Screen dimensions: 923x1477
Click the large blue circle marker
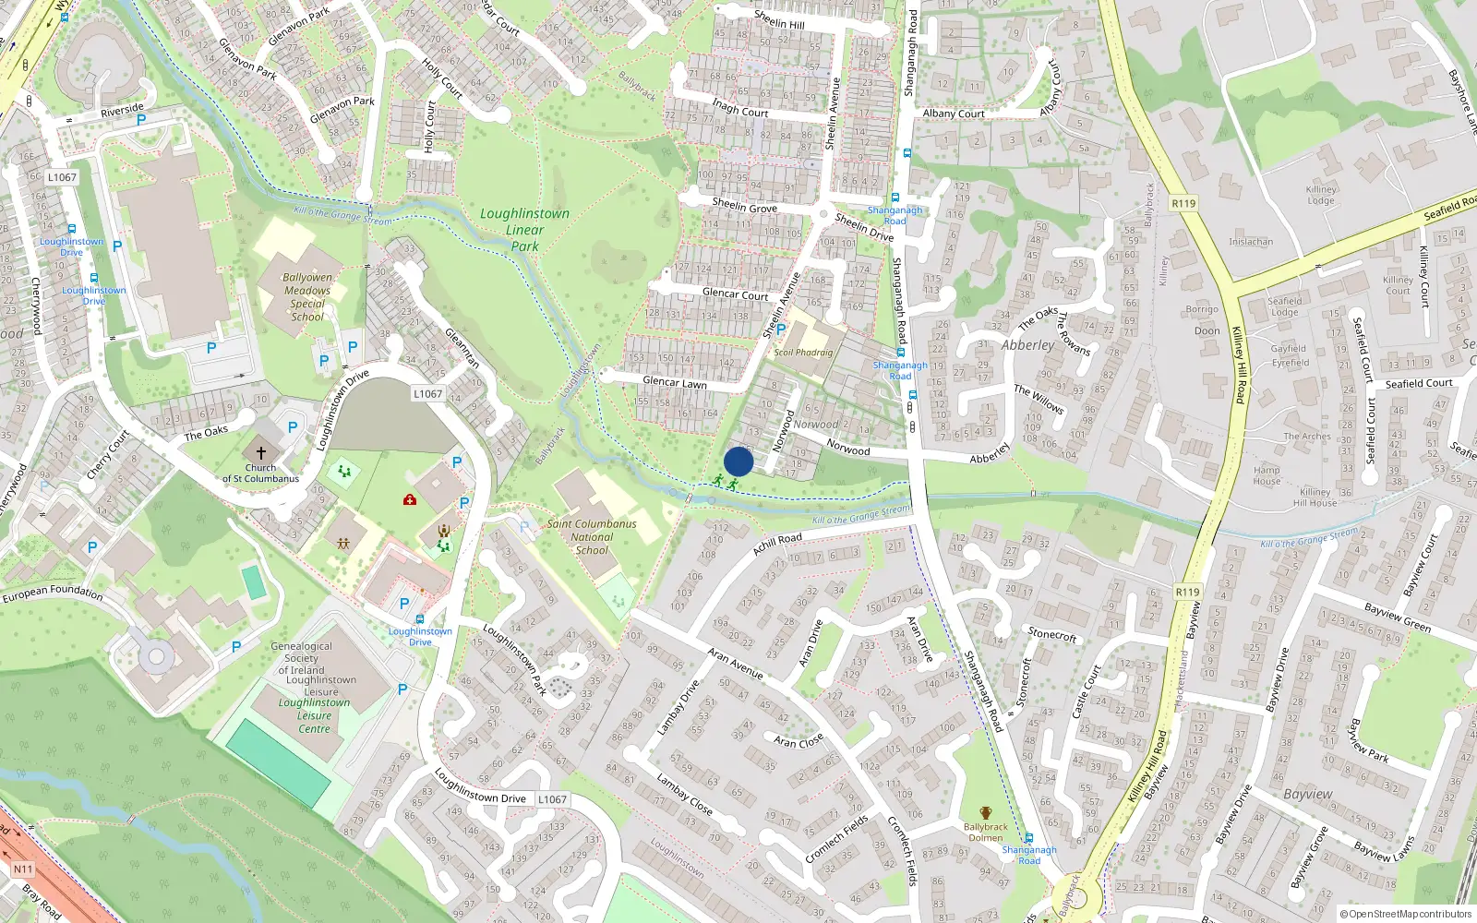tap(738, 461)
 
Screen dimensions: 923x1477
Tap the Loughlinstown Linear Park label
tap(524, 229)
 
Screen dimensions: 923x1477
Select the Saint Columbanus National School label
tap(592, 536)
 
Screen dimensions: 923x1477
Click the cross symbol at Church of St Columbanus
tap(261, 452)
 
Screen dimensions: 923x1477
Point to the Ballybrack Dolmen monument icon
tap(985, 813)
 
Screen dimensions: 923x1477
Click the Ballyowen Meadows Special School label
tap(307, 296)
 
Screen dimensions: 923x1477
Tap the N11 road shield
tap(22, 869)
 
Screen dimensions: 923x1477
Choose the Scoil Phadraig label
tap(803, 353)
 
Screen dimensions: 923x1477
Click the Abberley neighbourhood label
tap(1027, 344)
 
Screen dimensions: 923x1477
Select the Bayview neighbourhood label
tap(1307, 794)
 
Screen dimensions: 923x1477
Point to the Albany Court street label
tap(954, 114)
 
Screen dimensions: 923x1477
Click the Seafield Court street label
tap(1419, 383)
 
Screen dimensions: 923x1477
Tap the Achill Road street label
tap(777, 544)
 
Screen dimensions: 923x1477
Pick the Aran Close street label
tap(799, 742)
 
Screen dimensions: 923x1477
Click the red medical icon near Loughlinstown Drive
tap(409, 499)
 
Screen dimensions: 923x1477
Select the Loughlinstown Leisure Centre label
tap(314, 715)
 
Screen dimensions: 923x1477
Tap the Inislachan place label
tap(1251, 242)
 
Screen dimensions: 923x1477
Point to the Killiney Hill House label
tap(1315, 497)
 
